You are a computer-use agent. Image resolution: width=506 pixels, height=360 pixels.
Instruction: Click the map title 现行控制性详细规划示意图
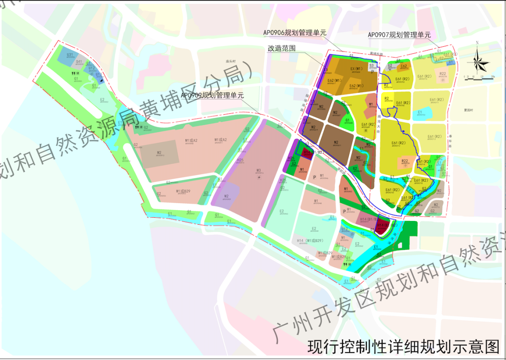pyautogui.click(x=403, y=347)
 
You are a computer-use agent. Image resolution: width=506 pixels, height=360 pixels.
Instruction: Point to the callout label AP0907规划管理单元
pyautogui.click(x=399, y=35)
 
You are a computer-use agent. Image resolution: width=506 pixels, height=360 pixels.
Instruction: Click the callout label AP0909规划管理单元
pyautogui.click(x=212, y=96)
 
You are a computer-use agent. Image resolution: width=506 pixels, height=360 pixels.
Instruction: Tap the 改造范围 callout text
pyautogui.click(x=282, y=48)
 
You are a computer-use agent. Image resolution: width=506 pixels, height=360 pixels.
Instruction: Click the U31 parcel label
pyautogui.click(x=70, y=55)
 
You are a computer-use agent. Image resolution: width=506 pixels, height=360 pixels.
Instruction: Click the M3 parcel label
pyautogui.click(x=258, y=170)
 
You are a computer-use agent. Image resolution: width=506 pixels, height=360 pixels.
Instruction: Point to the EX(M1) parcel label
pyautogui.click(x=357, y=69)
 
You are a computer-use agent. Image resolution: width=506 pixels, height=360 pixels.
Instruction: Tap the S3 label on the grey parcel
pyautogui.click(x=371, y=66)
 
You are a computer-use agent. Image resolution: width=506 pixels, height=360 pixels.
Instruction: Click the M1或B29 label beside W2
pyautogui.click(x=183, y=191)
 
